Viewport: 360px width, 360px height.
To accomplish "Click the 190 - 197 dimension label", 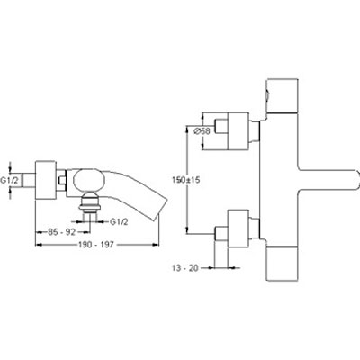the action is click(96, 245).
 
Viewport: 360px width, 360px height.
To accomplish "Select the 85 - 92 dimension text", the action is click(61, 232).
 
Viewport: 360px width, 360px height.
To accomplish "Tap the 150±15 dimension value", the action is click(186, 180).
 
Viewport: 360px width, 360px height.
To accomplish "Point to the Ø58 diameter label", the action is click(202, 130).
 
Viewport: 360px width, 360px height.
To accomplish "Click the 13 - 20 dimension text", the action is click(185, 268).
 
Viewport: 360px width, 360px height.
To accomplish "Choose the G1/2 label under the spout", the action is click(119, 222).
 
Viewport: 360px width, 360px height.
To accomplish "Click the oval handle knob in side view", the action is click(89, 180).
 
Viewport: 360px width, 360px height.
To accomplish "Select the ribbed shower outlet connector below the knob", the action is click(89, 202).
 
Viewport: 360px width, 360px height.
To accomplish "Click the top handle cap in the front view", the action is click(283, 95).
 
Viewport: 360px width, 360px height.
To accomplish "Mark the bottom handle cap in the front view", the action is click(283, 264).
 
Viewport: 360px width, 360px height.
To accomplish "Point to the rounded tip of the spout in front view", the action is click(356, 180).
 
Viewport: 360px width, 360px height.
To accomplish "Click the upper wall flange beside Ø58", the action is click(238, 131).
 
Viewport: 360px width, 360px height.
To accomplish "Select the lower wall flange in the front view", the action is click(238, 229).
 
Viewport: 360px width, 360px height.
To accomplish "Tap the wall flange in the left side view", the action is click(46, 180).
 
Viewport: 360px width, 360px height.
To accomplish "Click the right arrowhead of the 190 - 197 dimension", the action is click(156, 245).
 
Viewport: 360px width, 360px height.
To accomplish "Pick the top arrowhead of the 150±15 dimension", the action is click(187, 129).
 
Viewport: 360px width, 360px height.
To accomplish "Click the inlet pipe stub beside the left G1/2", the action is click(30, 180).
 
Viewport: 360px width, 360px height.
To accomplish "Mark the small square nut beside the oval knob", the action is click(62, 180).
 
